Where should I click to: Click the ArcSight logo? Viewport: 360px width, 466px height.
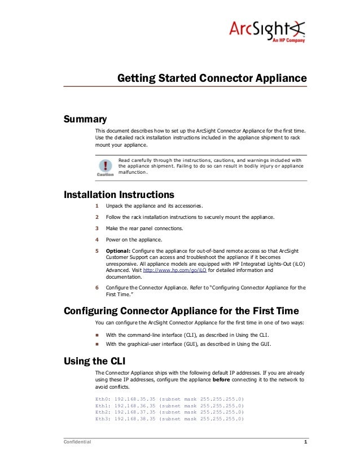266,29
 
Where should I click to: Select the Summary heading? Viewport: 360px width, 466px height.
85,119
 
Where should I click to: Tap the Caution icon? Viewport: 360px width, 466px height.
105,168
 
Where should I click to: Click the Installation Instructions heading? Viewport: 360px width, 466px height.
119,195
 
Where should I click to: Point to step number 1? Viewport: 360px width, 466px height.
97,206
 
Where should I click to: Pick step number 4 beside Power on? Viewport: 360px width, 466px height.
97,239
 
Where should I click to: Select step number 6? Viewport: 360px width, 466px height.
97,288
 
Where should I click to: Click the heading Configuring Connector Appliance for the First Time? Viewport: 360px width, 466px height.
181,311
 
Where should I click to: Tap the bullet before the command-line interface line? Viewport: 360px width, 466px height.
97,335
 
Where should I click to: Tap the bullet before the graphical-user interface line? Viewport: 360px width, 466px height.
97,344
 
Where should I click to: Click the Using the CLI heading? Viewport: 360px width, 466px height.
95,361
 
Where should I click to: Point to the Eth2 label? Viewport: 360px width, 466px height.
102,412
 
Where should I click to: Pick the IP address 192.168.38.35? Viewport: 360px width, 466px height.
134,419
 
